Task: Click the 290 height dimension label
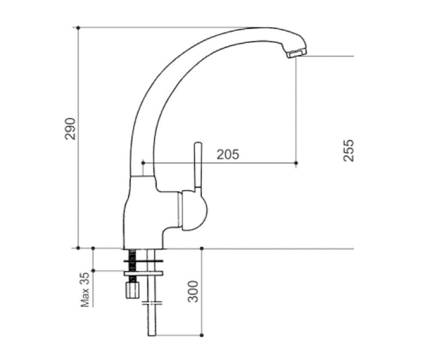click(x=70, y=129)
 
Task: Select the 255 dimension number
click(x=348, y=150)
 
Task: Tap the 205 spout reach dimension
click(x=228, y=154)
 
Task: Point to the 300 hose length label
click(x=193, y=291)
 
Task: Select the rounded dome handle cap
click(x=194, y=211)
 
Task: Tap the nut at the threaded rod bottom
click(x=132, y=290)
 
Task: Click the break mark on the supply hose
click(x=152, y=303)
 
